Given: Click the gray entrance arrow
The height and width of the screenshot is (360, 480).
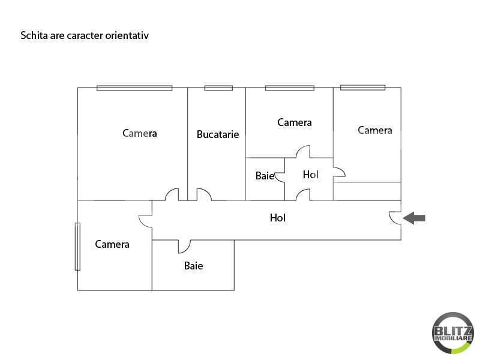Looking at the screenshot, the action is pyautogui.click(x=414, y=218).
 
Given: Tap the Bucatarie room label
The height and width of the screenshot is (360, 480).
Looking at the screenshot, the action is pyautogui.click(x=218, y=134).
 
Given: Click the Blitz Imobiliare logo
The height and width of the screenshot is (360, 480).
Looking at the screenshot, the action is pyautogui.click(x=453, y=333).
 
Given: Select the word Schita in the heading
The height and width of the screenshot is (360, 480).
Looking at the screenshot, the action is pyautogui.click(x=34, y=35).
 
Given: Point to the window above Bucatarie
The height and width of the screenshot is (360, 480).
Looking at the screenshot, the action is pyautogui.click(x=218, y=88).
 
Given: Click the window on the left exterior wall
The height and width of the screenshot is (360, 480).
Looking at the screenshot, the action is pyautogui.click(x=78, y=247).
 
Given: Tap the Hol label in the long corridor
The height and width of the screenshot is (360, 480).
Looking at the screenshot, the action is pyautogui.click(x=278, y=218).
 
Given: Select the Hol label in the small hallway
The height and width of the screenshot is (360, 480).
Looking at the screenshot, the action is pyautogui.click(x=310, y=175).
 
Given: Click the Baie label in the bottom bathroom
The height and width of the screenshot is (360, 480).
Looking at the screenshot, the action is pyautogui.click(x=193, y=266).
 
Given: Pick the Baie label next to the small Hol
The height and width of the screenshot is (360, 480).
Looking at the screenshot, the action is pyautogui.click(x=265, y=176).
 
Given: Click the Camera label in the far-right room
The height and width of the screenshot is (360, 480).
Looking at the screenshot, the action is pyautogui.click(x=374, y=130).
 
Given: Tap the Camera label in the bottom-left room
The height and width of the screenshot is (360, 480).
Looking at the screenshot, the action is pyautogui.click(x=112, y=244).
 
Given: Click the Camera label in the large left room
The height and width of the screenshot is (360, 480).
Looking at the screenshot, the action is pyautogui.click(x=140, y=133).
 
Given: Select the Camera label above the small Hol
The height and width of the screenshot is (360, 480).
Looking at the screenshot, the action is pyautogui.click(x=295, y=122).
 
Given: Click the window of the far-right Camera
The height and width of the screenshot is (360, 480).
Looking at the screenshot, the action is pyautogui.click(x=363, y=88).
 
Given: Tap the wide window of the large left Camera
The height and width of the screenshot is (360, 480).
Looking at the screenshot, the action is pyautogui.click(x=134, y=88).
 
